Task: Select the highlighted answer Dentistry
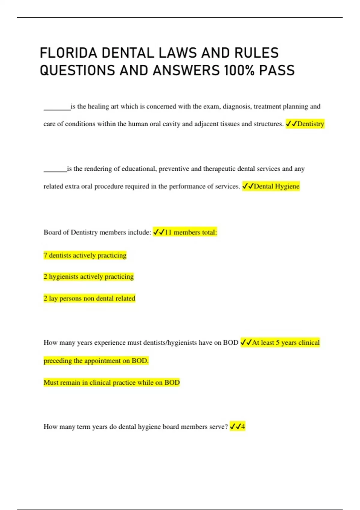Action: pos(310,124)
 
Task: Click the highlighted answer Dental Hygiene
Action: pos(276,186)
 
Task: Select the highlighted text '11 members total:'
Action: pos(190,232)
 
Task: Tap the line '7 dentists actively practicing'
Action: pos(85,255)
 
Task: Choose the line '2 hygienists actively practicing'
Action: pos(88,277)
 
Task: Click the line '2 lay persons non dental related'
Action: pos(89,298)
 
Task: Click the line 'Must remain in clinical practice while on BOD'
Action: pos(112,382)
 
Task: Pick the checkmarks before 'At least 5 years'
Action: pos(246,343)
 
